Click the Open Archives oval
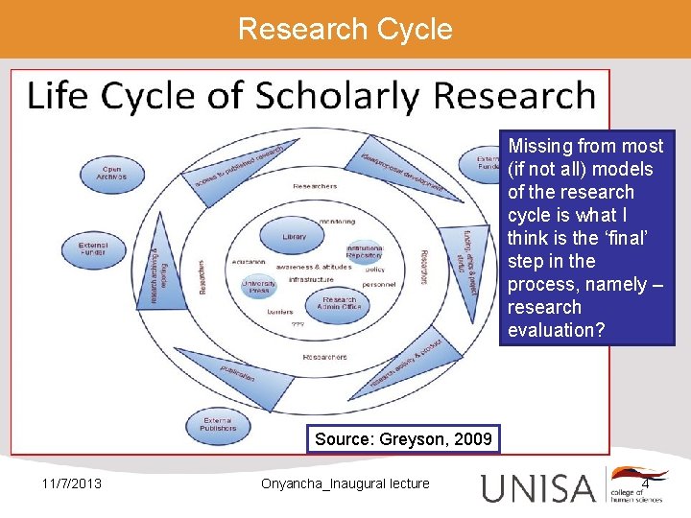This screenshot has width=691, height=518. click(x=110, y=173)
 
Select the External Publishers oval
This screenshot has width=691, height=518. click(x=218, y=423)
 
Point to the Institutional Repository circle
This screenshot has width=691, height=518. click(x=365, y=251)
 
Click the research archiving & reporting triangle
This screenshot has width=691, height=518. click(x=155, y=278)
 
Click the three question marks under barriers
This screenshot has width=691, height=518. click(x=298, y=324)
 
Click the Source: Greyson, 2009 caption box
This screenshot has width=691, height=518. click(x=403, y=439)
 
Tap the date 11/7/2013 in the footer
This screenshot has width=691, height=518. click(x=73, y=483)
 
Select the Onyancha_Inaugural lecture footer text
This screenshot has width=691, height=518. click(x=345, y=483)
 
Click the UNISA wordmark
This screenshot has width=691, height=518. click(x=538, y=487)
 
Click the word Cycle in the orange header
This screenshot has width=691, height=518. click(x=415, y=29)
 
